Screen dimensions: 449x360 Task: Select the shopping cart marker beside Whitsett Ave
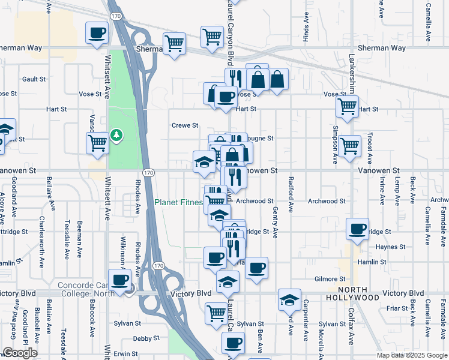97,143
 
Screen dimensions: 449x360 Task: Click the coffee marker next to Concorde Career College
120,280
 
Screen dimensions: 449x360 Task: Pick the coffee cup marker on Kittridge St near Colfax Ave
358,229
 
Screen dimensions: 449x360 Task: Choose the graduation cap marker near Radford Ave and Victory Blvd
289,299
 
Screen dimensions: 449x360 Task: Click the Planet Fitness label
178,202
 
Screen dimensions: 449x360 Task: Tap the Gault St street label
34,79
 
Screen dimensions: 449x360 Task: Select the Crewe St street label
185,125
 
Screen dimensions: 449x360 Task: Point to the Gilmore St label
330,279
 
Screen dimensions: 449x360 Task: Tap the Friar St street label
397,308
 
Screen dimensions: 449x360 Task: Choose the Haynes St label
391,247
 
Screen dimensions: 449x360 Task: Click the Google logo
20,353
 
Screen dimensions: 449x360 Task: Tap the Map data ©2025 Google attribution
411,355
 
